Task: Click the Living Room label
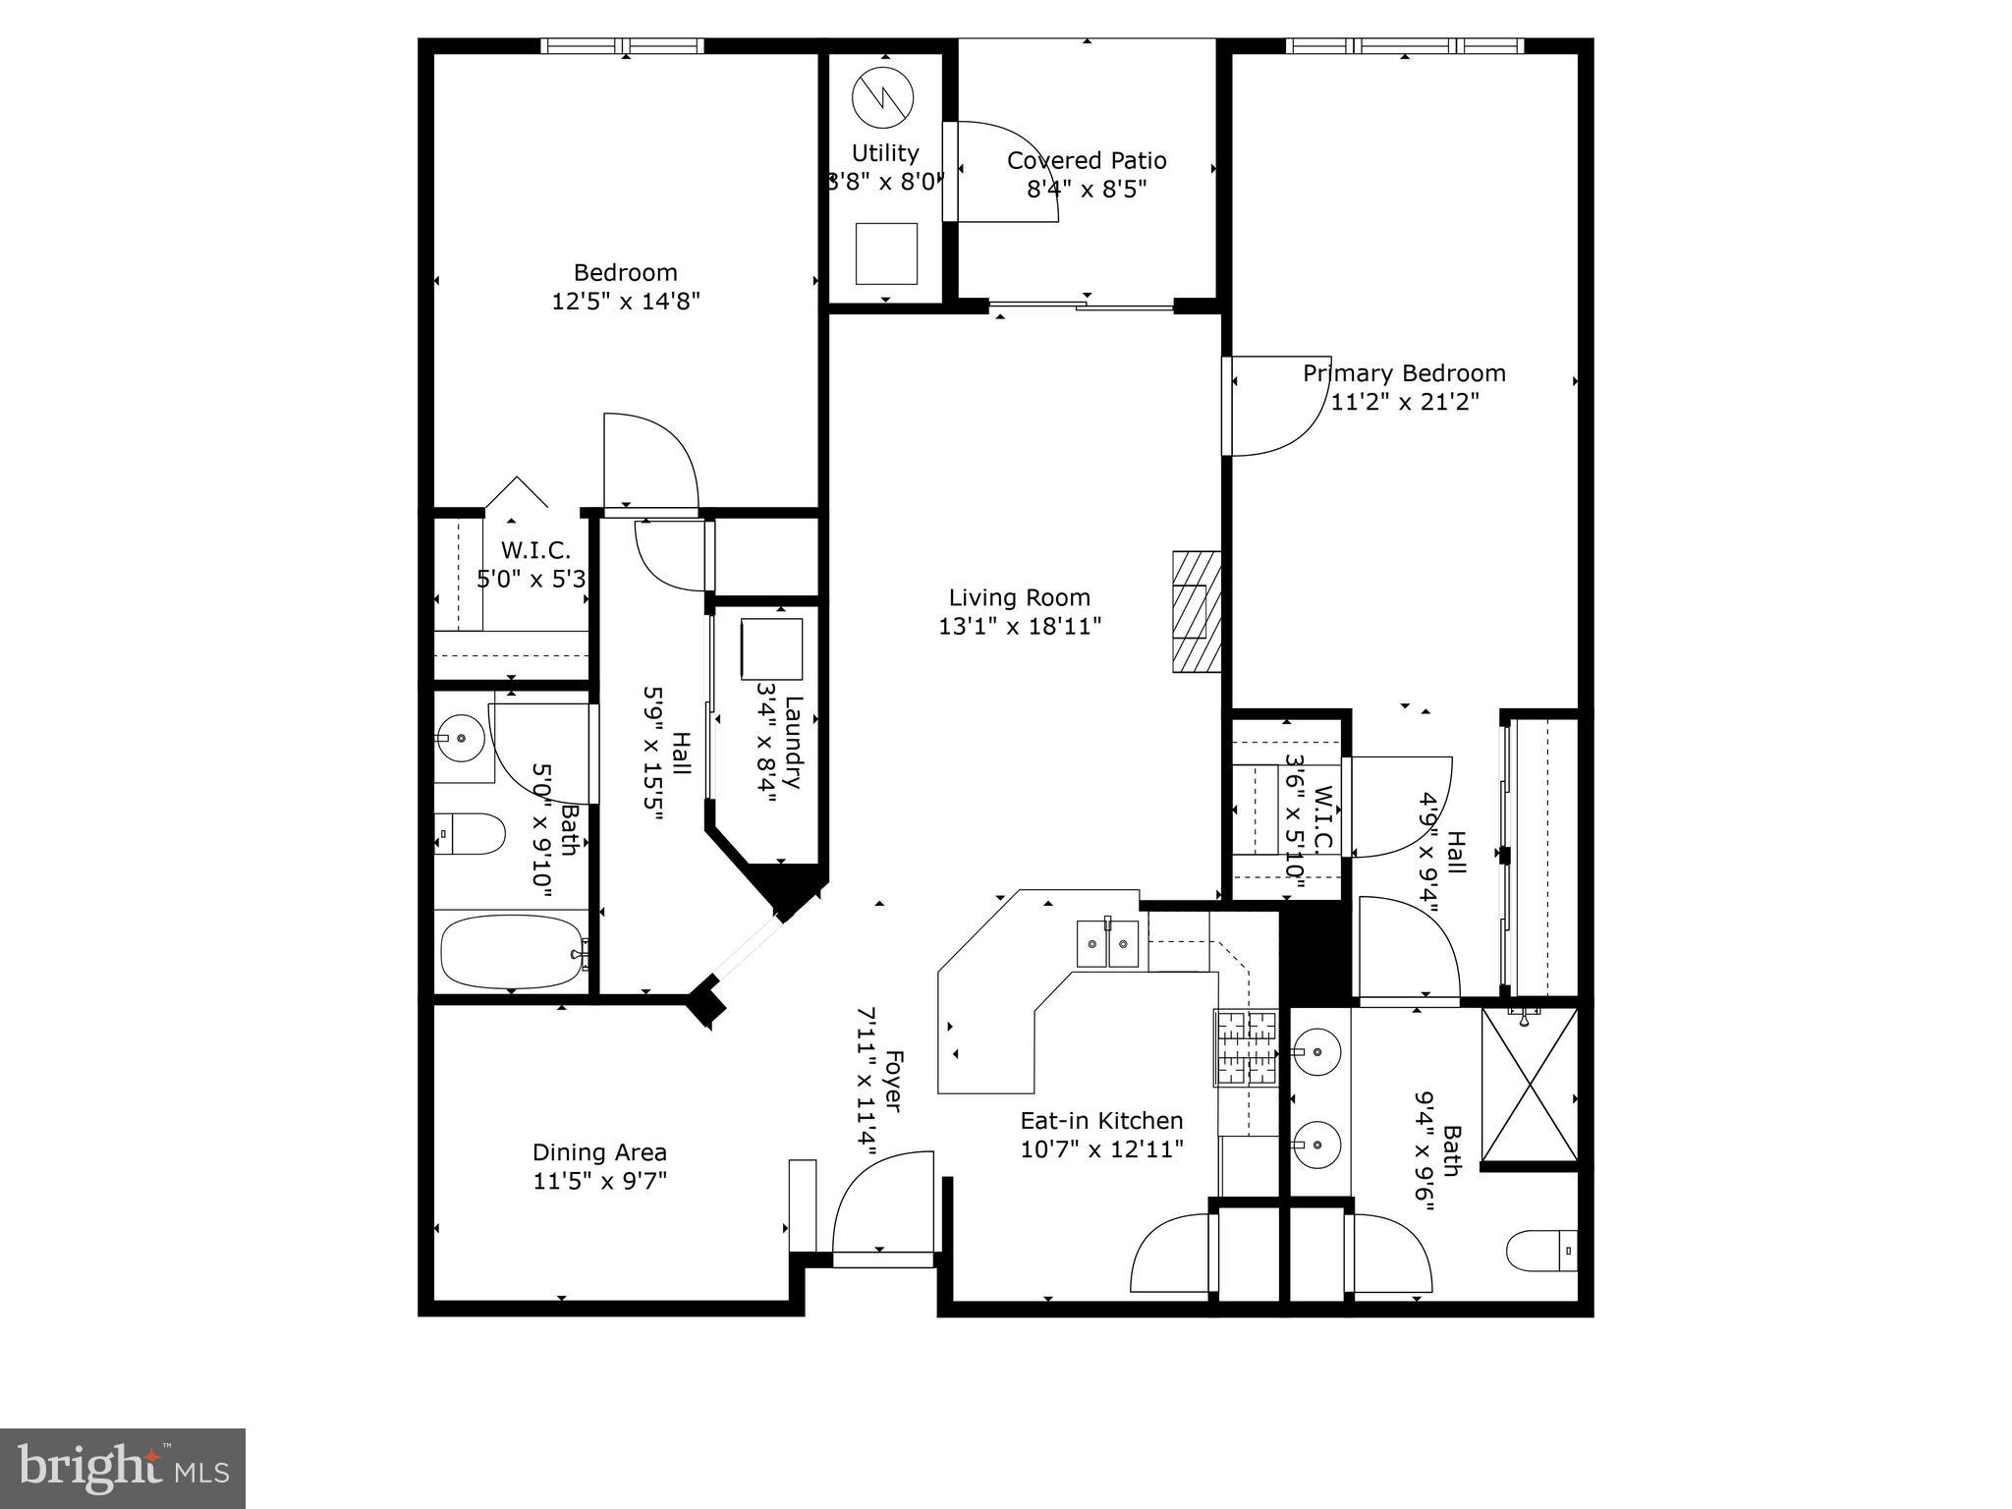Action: point(1019,597)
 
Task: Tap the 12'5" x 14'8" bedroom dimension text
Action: point(625,301)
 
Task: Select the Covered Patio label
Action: point(1086,160)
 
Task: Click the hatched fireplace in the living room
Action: point(1196,611)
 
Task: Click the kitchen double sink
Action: point(1107,944)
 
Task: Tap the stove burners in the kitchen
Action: point(1246,1048)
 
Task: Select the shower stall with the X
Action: point(1529,1086)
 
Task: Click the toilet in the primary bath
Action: point(1541,1251)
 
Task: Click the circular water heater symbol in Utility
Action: point(882,96)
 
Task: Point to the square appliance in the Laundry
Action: point(771,648)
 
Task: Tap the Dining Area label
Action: point(599,1152)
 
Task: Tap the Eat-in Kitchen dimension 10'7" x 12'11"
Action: point(1101,1148)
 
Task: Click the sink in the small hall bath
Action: point(458,737)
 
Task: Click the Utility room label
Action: point(884,153)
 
